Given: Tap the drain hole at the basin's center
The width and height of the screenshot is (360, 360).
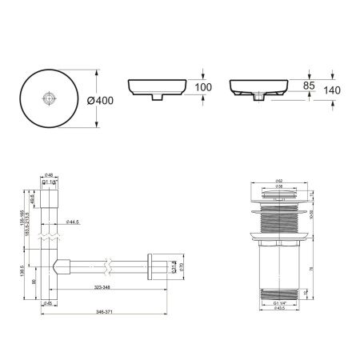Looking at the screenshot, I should click(x=50, y=98).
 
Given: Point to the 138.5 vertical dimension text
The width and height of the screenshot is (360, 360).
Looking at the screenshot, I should click(x=12, y=272).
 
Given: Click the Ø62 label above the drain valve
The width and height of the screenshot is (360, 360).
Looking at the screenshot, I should click(x=279, y=182).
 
